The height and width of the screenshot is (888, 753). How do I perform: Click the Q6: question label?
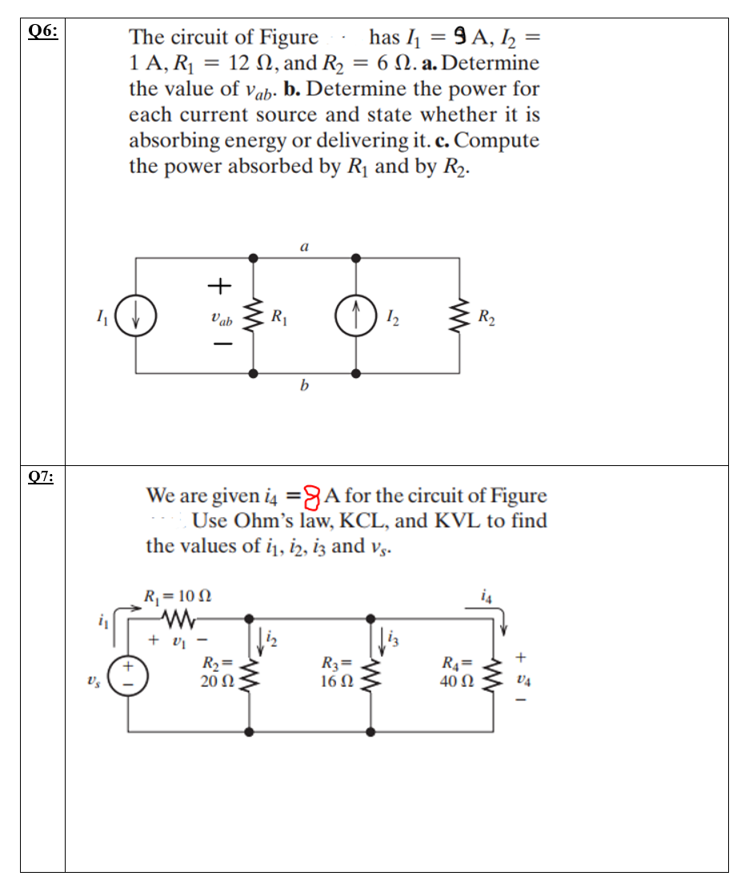point(42,31)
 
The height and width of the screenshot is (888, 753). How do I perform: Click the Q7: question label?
point(42,477)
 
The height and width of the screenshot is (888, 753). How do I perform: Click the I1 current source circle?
point(136,317)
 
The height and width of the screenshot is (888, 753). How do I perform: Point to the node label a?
point(304,248)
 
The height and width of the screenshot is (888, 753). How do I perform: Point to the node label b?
point(304,388)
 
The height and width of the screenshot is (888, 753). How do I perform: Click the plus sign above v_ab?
point(219,285)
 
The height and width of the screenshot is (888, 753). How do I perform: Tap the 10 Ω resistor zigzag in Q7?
point(177,617)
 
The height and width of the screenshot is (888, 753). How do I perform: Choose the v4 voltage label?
point(522,681)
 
